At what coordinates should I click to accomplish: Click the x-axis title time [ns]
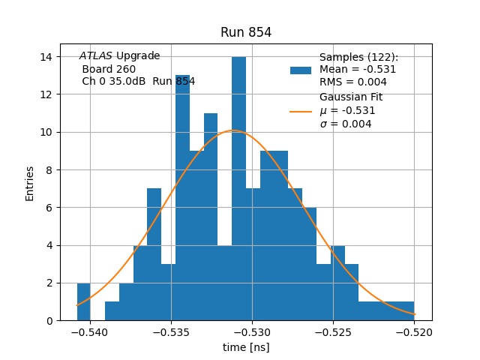[x=246, y=347]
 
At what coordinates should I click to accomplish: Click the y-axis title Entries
[x=30, y=183]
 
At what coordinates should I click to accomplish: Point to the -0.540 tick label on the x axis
[x=90, y=331]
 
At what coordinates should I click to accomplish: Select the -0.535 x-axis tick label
[x=171, y=331]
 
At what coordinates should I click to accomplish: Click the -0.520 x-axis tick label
[x=414, y=331]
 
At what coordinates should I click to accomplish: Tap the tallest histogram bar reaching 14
[x=238, y=187]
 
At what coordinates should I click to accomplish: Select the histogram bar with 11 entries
[x=211, y=217]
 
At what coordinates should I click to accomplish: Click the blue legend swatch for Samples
[x=301, y=70]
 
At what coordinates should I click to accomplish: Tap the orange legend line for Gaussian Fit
[x=301, y=111]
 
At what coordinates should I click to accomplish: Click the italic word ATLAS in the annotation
[x=96, y=56]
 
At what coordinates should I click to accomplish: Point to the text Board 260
[x=109, y=69]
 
